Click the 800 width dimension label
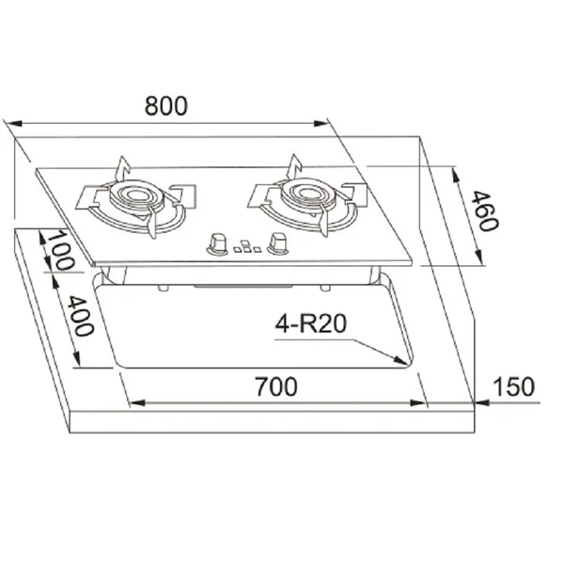click(165, 105)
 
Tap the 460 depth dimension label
click(485, 211)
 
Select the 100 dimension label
click(61, 250)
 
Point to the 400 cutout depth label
click(81, 316)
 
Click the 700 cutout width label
click(276, 386)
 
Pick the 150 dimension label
click(513, 386)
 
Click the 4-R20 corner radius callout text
click(311, 323)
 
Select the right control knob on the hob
click(277, 243)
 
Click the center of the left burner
click(136, 195)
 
